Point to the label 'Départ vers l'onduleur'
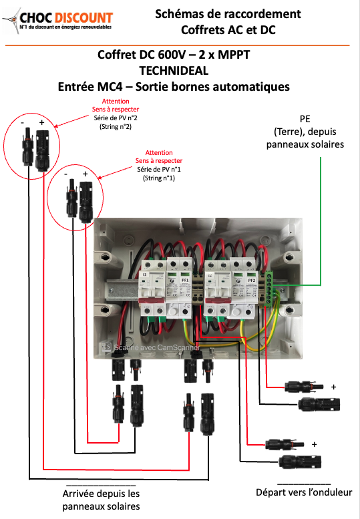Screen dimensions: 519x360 [x=303, y=493]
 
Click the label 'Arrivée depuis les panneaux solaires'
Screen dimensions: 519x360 [x=101, y=500]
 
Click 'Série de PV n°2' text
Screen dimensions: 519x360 [x=115, y=118]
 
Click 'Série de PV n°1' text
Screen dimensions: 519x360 [x=160, y=170]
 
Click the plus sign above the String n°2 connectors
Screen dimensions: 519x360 [x=41, y=124]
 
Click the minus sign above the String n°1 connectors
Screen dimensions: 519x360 [x=68, y=174]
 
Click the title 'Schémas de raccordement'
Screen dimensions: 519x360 [x=228, y=13]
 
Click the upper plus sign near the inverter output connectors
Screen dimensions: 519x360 [x=333, y=387]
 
